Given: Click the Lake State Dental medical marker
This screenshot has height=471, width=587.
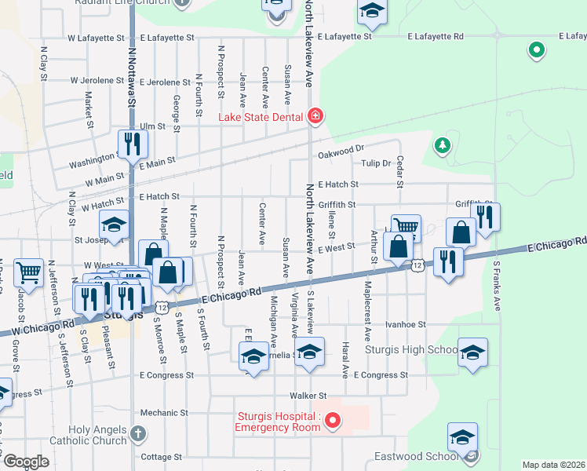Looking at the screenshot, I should coord(315,117).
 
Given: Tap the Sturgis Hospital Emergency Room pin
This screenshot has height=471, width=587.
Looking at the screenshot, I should coord(332,422).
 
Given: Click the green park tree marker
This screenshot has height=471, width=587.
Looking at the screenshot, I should coord(443,145).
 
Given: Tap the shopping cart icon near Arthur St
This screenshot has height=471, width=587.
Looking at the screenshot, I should coord(406,227).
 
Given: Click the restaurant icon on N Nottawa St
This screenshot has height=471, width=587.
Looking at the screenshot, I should coord(132,144).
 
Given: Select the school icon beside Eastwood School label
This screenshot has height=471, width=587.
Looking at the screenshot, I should coord(462,436).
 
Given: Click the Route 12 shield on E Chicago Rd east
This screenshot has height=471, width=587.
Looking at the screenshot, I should coord(418,266).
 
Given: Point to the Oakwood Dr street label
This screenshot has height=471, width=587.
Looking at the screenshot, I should coord(341,148).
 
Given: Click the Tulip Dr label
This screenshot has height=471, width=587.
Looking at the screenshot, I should coord(376,163).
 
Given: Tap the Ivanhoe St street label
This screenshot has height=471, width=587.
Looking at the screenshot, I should coord(405,323).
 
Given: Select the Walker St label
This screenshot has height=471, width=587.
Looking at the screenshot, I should coord(307,396).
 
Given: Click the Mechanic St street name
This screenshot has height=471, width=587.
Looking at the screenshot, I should coord(160,412).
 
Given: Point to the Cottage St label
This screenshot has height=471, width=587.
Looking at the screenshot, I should coord(161,456).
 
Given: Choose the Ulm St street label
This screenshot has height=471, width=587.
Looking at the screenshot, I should coord(152,126).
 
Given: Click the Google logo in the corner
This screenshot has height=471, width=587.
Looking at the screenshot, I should coord(26,462).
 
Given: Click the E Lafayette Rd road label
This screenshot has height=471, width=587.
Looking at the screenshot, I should coord(436,36).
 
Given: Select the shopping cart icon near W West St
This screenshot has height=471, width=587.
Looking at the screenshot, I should coord(28,272).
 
